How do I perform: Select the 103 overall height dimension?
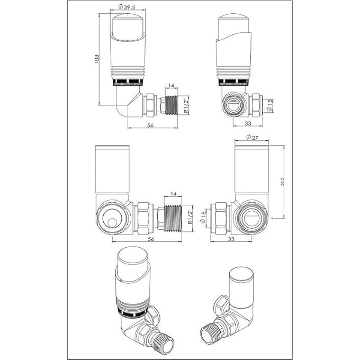[x=97, y=58]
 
